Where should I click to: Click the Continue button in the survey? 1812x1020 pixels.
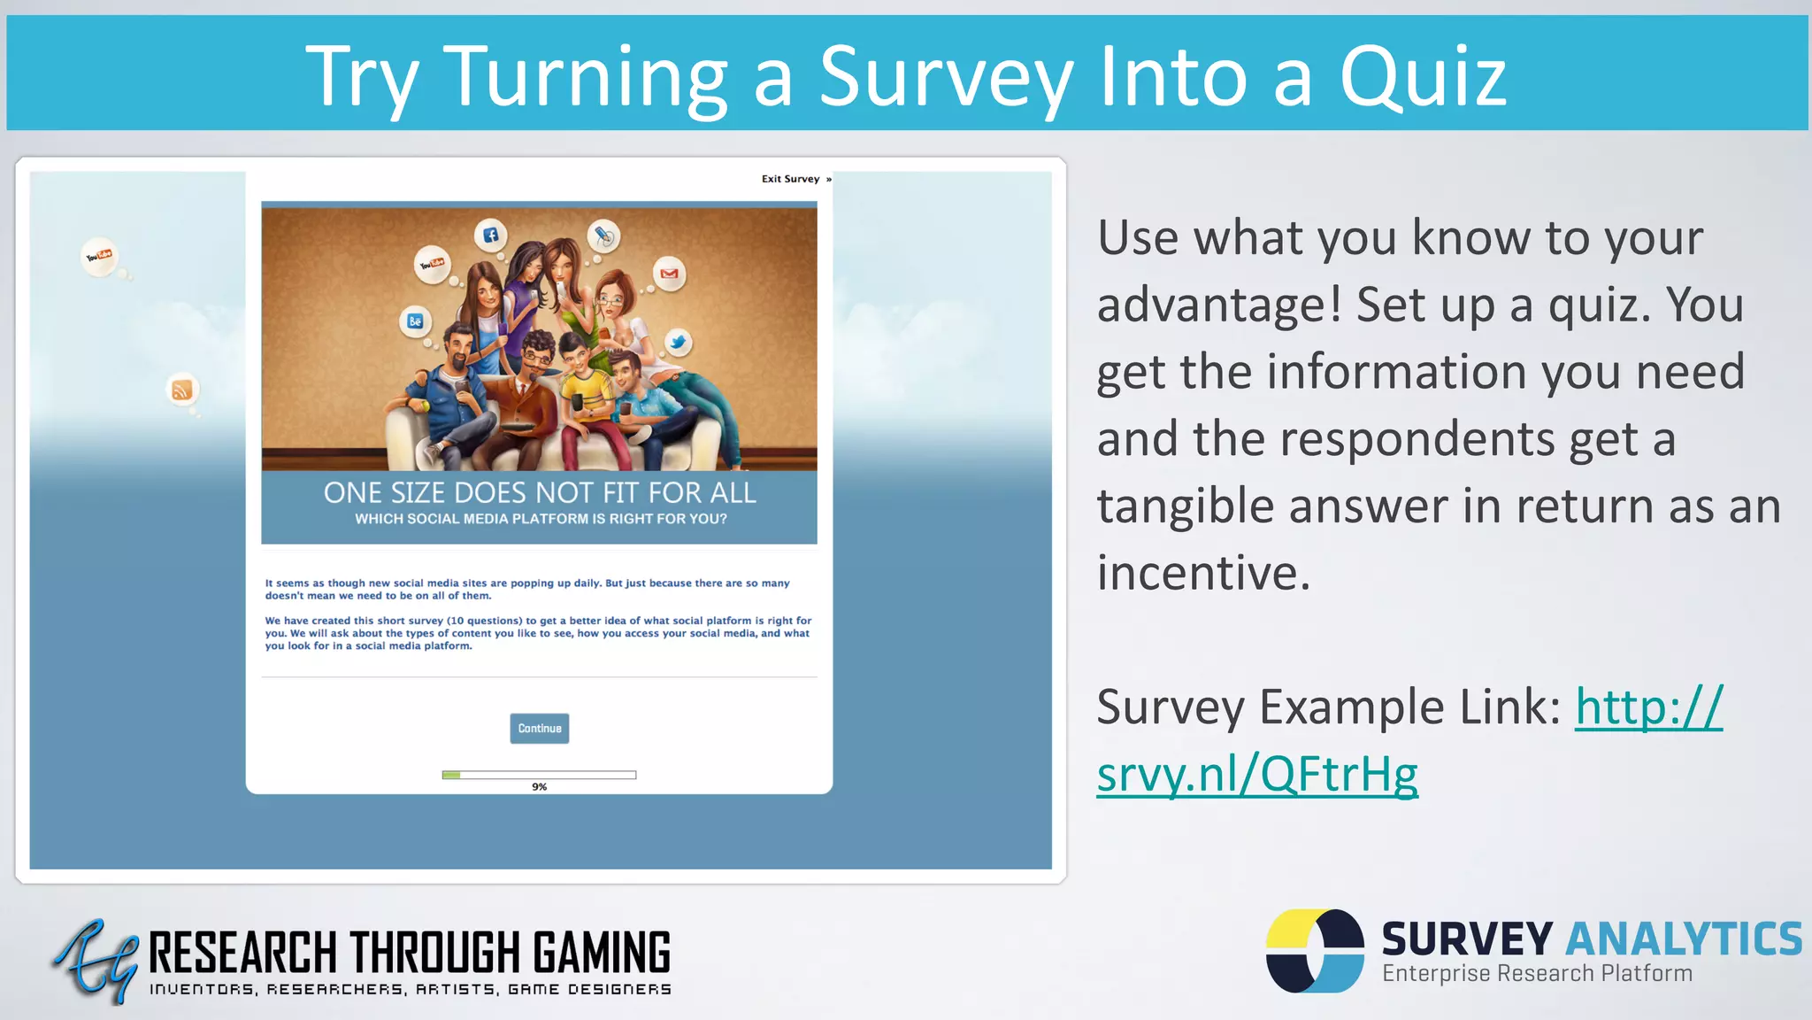[540, 729]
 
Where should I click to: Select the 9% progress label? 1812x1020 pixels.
[540, 787]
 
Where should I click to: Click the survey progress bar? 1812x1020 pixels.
[539, 775]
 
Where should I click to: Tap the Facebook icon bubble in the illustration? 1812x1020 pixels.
[490, 236]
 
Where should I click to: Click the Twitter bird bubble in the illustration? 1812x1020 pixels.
[678, 342]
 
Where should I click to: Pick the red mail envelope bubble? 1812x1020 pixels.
[670, 274]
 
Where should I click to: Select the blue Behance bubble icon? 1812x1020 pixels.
[415, 321]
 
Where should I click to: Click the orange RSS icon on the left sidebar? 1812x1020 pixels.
[182, 390]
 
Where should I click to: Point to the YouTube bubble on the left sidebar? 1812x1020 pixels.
[99, 257]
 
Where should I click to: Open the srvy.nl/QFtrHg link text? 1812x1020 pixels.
[1257, 774]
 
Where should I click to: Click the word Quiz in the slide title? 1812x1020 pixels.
[1423, 77]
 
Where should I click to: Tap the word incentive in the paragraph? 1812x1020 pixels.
[1203, 573]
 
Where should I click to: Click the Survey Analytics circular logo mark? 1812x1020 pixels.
[1315, 950]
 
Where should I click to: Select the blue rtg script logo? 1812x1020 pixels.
[96, 961]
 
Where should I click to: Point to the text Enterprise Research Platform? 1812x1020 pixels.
[1537, 973]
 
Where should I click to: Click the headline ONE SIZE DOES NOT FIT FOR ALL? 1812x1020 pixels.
[540, 492]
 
